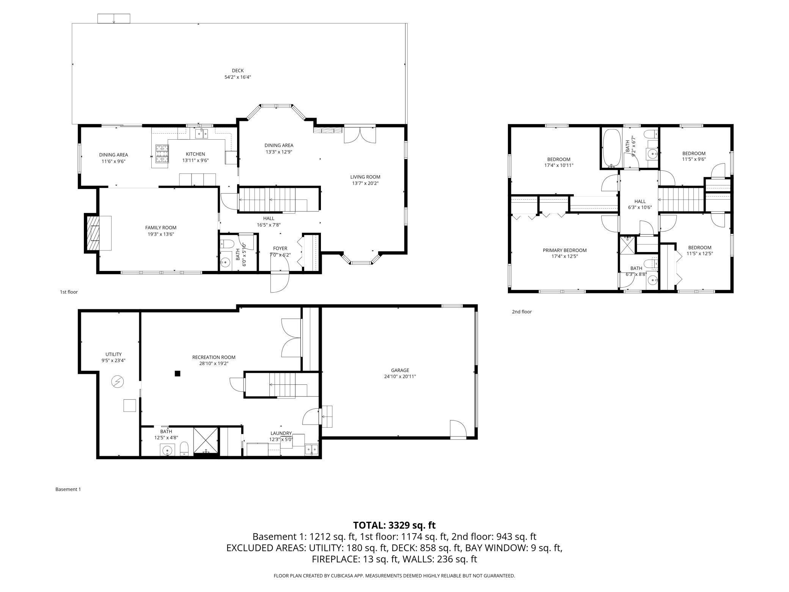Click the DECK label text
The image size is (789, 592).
pos(238,71)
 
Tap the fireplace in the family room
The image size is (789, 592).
pos(98,233)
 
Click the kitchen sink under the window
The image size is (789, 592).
pos(201,133)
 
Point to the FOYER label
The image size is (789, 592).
pos(280,249)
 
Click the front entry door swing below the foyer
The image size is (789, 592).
pos(280,282)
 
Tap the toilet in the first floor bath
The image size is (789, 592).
pos(226,244)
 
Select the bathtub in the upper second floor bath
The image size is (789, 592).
pos(611,148)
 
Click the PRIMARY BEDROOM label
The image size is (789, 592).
pos(564,250)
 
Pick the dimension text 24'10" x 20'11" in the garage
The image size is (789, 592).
pos(400,376)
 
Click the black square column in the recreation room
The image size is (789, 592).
pos(177,373)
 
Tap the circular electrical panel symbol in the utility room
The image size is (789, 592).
pos(118,381)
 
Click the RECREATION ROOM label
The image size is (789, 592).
pos(214,357)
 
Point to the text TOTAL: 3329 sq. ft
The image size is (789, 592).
pos(394,525)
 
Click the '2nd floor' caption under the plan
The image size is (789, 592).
pos(522,312)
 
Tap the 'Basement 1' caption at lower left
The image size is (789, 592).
pos(68,489)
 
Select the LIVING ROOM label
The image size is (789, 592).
pos(365,177)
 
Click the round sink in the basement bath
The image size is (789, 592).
pos(167,451)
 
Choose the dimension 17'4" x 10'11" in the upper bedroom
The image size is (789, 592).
pos(559,165)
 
